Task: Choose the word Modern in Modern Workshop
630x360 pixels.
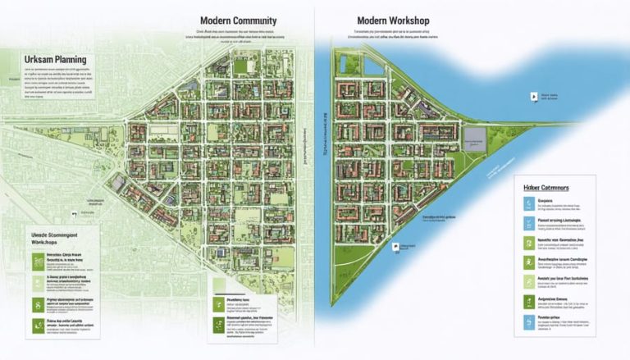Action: tap(372, 21)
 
